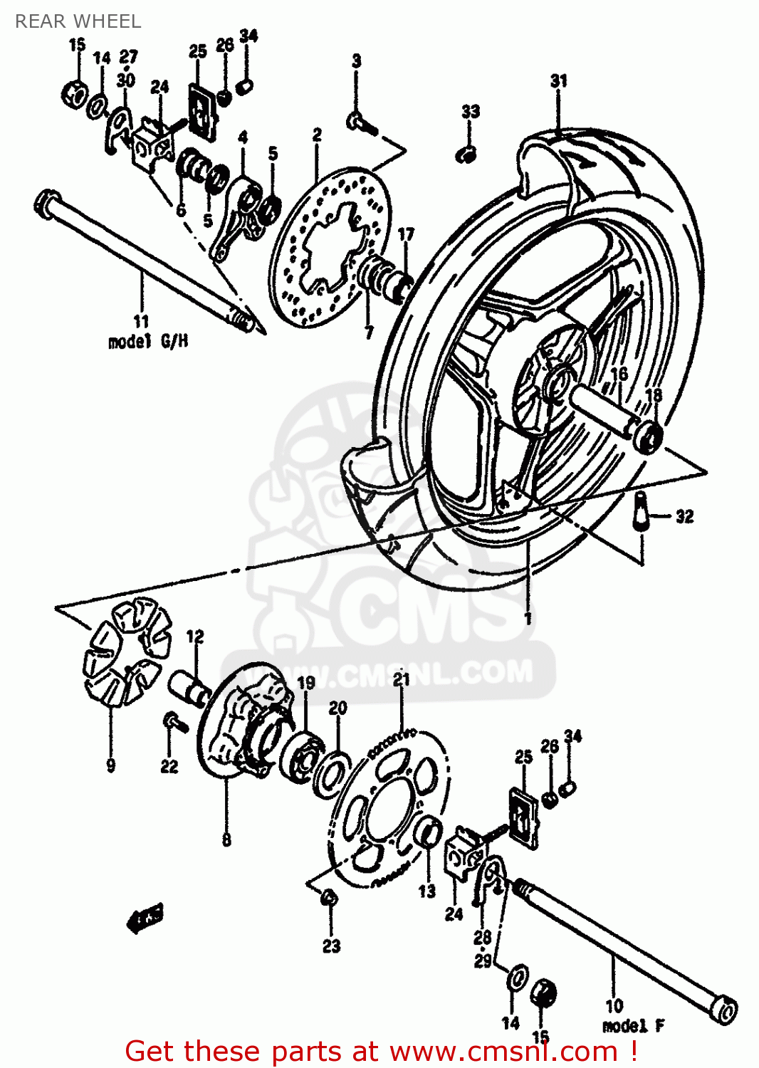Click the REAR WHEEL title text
click(x=78, y=21)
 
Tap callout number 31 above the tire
click(x=559, y=81)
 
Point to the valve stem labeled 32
click(x=642, y=512)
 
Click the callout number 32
click(x=684, y=517)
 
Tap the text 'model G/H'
click(x=148, y=342)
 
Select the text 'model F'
click(x=633, y=1026)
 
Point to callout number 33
click(x=471, y=111)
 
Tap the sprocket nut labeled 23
click(x=328, y=898)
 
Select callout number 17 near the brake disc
click(x=405, y=234)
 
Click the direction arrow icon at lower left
click(x=145, y=918)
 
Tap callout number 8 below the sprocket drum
click(x=226, y=839)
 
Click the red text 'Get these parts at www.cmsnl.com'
click(x=380, y=1051)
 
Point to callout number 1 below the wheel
click(x=528, y=618)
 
